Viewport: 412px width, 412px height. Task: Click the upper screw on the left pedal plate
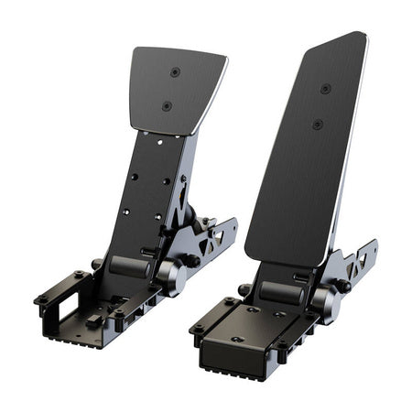(x=175, y=72)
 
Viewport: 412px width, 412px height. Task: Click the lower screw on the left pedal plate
(x=167, y=105)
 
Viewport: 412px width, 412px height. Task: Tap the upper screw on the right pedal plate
(x=325, y=89)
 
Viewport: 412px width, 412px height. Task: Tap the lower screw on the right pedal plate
(x=317, y=124)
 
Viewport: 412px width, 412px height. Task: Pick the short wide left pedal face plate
(x=175, y=90)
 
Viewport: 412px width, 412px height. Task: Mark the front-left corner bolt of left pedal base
(x=41, y=298)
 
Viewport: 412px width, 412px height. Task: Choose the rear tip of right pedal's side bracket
(x=373, y=245)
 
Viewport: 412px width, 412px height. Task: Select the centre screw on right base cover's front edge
(x=237, y=339)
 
